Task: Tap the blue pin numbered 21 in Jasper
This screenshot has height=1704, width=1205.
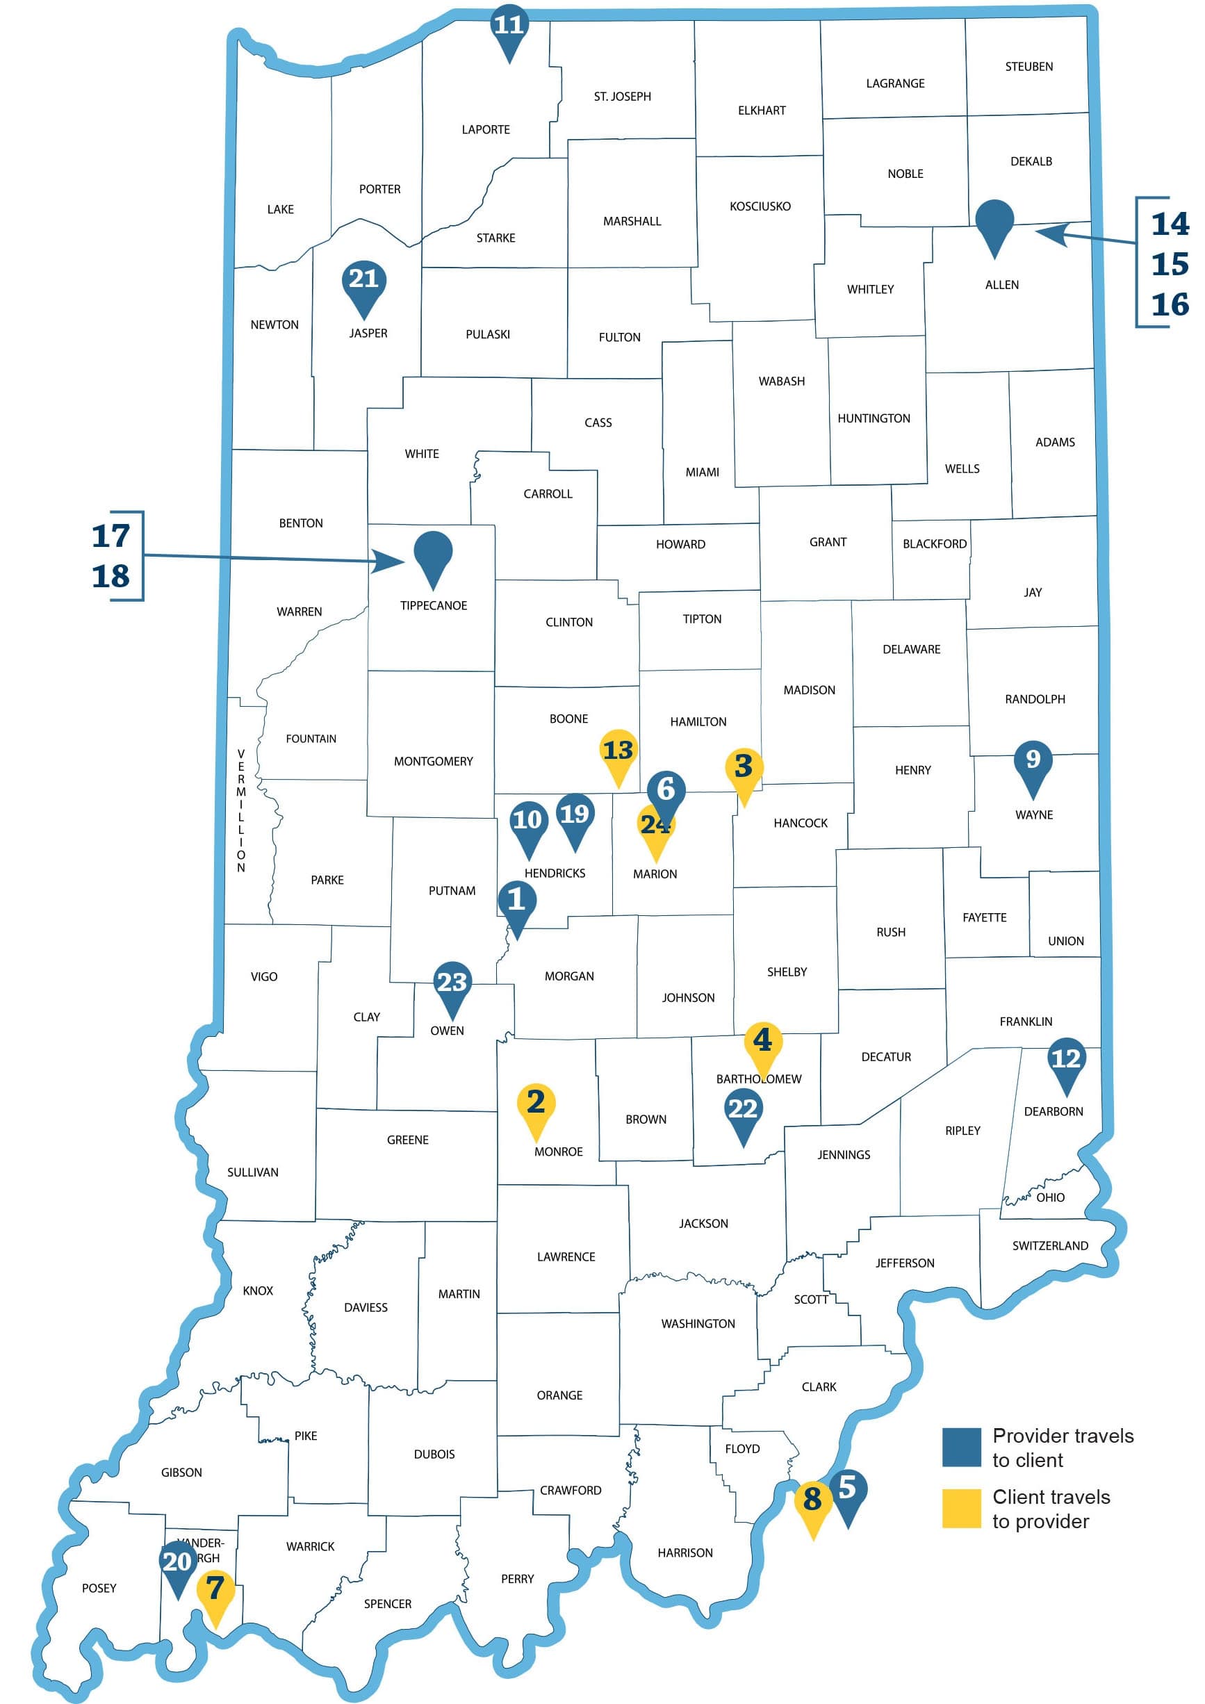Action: click(x=363, y=281)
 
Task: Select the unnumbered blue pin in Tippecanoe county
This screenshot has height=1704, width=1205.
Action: click(x=434, y=552)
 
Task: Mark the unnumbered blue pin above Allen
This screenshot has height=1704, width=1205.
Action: click(x=994, y=220)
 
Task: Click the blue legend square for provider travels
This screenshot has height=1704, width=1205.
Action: click(x=961, y=1446)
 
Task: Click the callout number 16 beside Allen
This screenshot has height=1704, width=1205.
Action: click(x=1170, y=304)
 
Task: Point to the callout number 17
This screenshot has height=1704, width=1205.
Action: click(x=110, y=536)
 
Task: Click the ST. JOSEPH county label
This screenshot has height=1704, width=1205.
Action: click(x=622, y=97)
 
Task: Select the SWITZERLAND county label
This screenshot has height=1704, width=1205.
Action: click(x=1050, y=1245)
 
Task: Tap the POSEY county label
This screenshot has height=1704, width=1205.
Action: click(x=99, y=1587)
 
